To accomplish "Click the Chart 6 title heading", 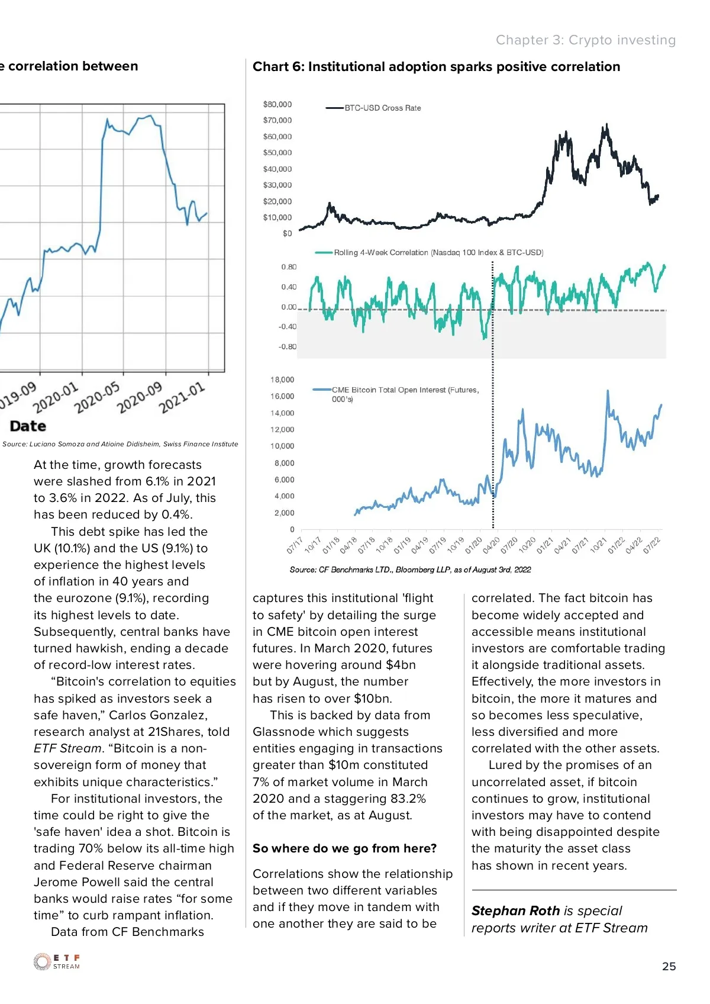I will pos(436,67).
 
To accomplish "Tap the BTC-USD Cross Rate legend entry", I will pos(382,108).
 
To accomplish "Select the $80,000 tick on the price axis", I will pos(277,104).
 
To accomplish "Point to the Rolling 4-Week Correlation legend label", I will pos(438,253).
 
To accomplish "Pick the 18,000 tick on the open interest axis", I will pos(282,380).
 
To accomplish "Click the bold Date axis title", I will pos(28,426).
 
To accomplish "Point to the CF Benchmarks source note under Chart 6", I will pos(410,570).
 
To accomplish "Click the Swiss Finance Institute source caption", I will pos(120,444).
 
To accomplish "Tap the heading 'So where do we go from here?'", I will pos(344,848).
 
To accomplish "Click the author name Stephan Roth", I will pos(515,911).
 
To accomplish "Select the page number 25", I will pos(669,966).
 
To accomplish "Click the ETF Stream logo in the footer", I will pos(57,961).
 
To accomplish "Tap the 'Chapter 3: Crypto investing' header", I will pos(585,40).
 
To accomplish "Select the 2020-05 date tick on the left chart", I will pos(97,397).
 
